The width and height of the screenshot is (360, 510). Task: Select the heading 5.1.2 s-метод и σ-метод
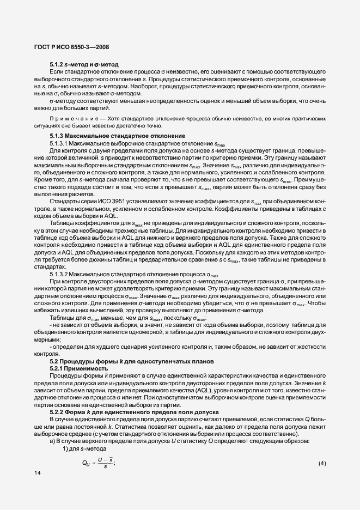pyautogui.click(x=84, y=65)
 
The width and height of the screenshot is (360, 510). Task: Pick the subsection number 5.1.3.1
pyautogui.click(x=59, y=143)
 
